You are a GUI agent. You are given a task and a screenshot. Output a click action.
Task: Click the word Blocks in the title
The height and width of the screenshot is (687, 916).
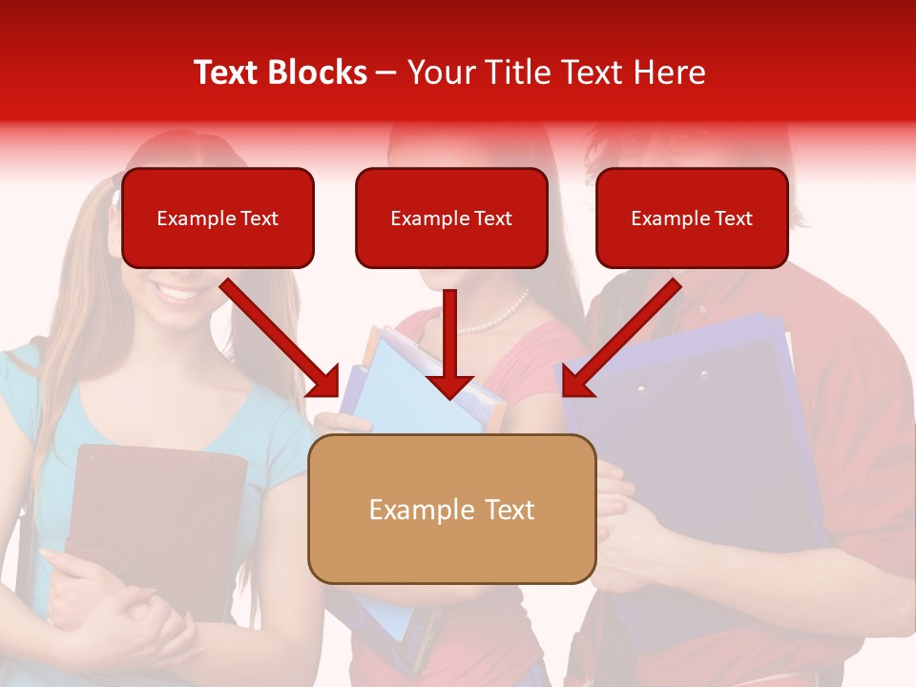coord(317,73)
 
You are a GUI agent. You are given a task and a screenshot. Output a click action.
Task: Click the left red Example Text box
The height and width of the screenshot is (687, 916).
coord(218,219)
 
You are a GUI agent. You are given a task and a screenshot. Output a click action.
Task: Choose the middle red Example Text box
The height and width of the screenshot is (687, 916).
coord(451,219)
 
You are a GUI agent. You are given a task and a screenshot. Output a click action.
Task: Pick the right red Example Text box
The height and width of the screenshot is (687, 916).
coord(692,219)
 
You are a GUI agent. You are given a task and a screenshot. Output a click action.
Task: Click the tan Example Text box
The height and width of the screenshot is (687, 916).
coord(451,509)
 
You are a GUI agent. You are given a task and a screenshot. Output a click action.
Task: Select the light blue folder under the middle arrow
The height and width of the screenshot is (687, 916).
coord(401,382)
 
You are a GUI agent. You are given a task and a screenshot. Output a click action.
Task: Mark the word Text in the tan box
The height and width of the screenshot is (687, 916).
coord(506,510)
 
